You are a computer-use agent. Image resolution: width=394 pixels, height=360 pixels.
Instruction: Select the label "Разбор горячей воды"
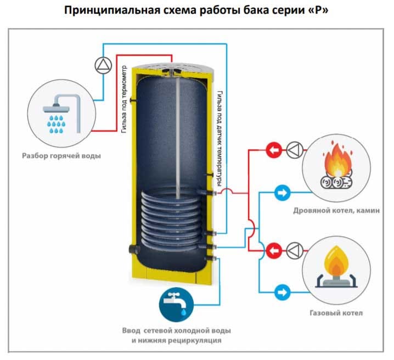61,155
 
